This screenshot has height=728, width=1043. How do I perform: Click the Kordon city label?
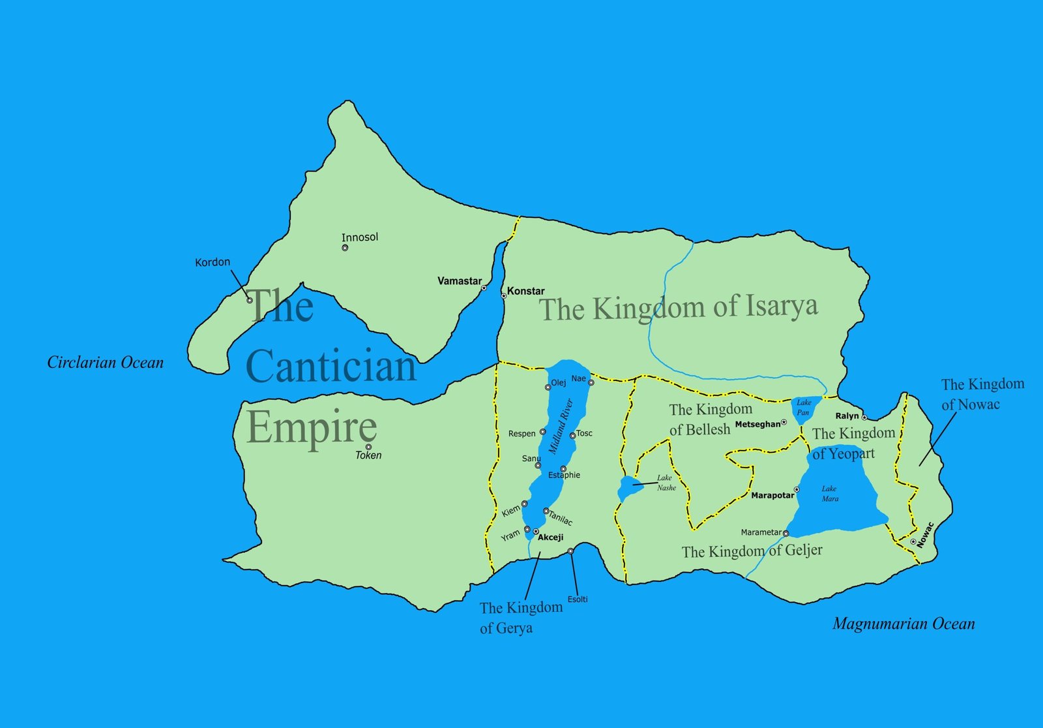tap(213, 262)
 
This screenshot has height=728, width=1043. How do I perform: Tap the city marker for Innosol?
tap(345, 248)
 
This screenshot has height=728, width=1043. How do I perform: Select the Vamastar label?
tap(459, 281)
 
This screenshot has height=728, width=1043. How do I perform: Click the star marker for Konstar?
tap(503, 296)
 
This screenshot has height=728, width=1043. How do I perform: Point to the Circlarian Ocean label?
tap(105, 363)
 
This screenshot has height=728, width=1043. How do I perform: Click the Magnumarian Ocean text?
tap(903, 624)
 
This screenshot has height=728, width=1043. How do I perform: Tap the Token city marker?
tap(368, 447)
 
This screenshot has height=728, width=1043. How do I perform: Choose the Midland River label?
tap(560, 427)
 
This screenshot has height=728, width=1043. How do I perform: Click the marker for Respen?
tap(542, 432)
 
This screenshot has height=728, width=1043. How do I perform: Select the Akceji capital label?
tap(550, 538)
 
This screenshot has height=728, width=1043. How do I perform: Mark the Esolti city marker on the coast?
tap(570, 551)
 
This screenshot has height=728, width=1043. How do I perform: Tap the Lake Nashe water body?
tap(627, 488)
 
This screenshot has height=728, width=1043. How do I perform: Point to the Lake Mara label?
tap(829, 493)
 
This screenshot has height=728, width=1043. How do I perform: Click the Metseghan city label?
tap(757, 424)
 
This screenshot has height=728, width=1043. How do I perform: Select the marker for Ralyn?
tap(864, 417)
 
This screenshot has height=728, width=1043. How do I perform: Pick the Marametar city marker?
tap(786, 534)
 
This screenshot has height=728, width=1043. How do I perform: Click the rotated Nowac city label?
tap(924, 534)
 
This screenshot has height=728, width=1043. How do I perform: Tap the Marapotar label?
tap(772, 496)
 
